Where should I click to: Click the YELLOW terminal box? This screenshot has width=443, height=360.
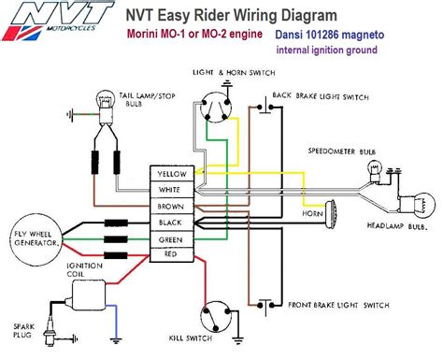172,174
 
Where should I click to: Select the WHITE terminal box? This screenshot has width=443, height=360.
172,190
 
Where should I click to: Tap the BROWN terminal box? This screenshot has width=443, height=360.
172,206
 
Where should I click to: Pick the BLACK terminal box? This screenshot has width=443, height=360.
172,223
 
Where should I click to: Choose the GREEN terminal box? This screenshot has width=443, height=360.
172,239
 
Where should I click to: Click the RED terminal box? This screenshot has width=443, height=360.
172,254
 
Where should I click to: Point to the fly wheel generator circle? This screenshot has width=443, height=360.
36,239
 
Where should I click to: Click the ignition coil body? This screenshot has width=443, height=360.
89,295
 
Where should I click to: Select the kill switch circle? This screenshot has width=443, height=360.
216,317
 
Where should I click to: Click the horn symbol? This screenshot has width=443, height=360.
330,213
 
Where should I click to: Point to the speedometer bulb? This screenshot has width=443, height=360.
375,171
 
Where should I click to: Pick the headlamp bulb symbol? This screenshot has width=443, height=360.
418,206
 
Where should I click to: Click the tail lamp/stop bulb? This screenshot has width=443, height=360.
106,106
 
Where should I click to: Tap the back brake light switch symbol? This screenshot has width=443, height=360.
265,107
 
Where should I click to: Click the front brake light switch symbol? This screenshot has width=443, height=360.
265,306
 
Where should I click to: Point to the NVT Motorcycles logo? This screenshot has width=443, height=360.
58,21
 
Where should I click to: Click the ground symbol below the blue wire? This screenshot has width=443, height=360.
116,341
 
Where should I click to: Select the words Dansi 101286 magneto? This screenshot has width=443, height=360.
330,35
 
